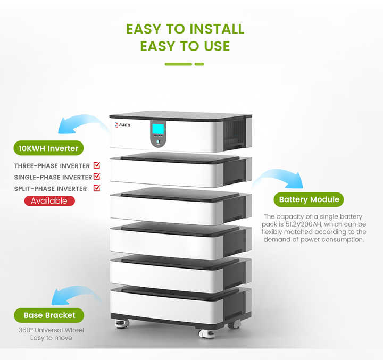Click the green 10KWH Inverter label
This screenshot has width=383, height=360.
click(48, 148)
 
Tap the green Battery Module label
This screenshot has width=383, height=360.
click(309, 199)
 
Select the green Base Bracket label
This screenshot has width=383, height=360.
click(49, 315)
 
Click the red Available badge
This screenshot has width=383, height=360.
click(49, 200)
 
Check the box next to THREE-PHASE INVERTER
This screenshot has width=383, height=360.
click(97, 165)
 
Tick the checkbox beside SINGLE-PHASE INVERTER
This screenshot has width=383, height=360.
click(97, 177)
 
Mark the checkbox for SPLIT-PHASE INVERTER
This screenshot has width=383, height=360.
click(97, 188)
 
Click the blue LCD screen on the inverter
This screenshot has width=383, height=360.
click(158, 129)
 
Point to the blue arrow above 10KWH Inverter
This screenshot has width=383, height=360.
click(80, 123)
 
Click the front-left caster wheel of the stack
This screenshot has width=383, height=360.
click(122, 322)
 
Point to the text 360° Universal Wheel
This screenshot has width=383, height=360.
click(51, 330)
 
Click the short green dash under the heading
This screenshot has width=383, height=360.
click(199, 64)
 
